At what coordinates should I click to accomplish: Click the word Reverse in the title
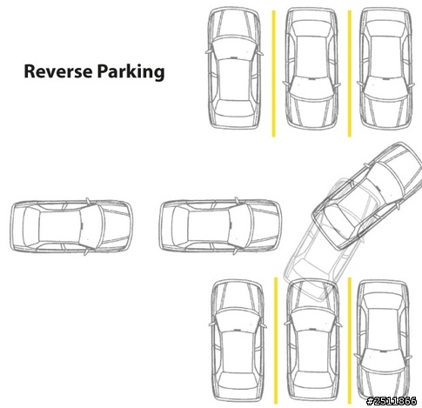[x=58, y=71]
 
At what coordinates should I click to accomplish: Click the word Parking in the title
[x=131, y=72]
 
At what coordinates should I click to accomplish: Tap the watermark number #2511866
[x=392, y=401]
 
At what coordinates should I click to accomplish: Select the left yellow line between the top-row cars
[x=273, y=74]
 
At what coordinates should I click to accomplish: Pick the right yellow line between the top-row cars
[x=350, y=74]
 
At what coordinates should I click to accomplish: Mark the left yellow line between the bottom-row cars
[x=276, y=341]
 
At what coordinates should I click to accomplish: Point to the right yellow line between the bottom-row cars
[x=350, y=341]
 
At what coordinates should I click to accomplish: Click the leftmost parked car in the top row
[x=235, y=68]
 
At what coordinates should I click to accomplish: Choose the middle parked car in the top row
[x=311, y=69]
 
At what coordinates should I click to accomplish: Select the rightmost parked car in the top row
[x=385, y=69]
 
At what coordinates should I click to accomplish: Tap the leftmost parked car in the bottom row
[x=238, y=341]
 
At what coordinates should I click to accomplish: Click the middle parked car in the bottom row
[x=312, y=341]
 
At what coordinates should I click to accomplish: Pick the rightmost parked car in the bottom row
[x=384, y=341]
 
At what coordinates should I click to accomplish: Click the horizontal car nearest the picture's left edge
[x=71, y=226]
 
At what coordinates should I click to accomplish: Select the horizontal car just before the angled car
[x=220, y=226]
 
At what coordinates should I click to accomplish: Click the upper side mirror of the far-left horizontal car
[x=88, y=201]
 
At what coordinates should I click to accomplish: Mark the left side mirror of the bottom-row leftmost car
[x=211, y=324]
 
